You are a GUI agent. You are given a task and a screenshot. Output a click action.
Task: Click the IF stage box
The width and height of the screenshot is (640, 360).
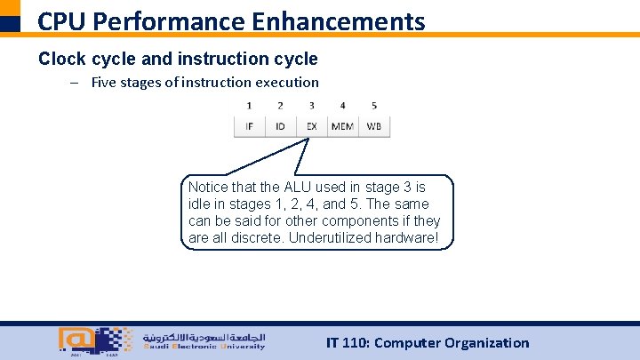(249, 126)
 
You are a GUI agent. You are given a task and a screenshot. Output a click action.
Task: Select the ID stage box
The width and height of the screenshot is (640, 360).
(280, 126)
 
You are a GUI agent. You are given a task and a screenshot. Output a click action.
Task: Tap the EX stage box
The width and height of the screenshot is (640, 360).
(311, 126)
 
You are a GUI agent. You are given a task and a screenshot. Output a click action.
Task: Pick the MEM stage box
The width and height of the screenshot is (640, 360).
(342, 126)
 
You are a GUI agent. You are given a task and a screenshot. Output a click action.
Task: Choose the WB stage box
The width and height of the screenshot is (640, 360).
(374, 126)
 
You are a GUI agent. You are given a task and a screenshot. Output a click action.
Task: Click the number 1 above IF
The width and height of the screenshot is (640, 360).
(249, 106)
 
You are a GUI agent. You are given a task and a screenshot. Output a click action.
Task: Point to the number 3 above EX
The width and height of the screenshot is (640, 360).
(311, 106)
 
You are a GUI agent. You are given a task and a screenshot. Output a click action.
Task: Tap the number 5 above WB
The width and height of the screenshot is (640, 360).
(374, 106)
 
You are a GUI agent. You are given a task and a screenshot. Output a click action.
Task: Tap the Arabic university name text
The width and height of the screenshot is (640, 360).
(204, 338)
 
